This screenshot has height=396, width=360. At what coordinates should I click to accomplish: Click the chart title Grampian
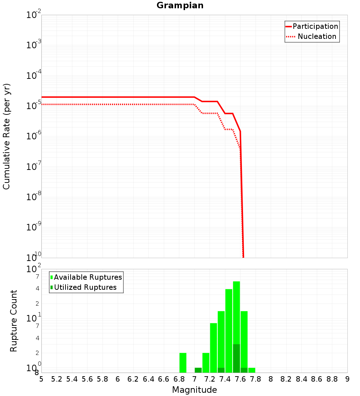[180, 6]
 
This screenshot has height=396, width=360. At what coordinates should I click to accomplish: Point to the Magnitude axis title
[194, 390]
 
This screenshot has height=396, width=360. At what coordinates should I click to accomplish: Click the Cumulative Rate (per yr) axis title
[6, 136]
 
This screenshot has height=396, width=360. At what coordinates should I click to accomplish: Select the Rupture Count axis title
[14, 321]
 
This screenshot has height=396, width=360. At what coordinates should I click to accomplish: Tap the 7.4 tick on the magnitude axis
[225, 379]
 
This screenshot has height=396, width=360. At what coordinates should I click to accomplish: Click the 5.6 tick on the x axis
[87, 379]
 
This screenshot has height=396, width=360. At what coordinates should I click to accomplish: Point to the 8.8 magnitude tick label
[332, 379]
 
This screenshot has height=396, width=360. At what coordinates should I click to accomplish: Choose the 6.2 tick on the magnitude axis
[133, 379]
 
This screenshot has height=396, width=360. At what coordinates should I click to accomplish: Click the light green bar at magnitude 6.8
[183, 363]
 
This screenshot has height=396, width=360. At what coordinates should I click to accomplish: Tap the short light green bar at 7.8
[252, 370]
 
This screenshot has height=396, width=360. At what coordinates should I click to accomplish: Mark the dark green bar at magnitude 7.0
[198, 370]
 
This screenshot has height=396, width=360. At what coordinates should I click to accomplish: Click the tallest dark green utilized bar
[237, 358]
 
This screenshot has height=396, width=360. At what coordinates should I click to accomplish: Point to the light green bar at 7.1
[206, 363]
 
